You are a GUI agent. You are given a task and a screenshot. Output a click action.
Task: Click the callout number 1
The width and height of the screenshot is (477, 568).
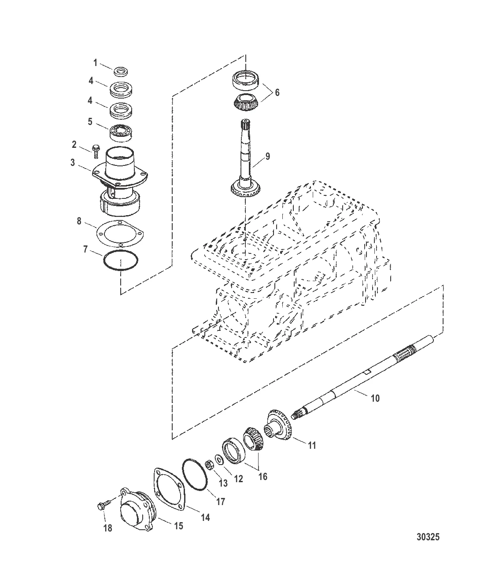[x=95, y=63]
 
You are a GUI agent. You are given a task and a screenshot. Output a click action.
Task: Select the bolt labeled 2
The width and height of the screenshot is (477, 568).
[x=95, y=151]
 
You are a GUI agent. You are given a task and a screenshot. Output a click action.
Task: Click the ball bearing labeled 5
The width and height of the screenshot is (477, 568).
[x=121, y=132]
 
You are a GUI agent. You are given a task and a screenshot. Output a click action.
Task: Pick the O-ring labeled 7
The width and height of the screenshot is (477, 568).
[x=121, y=260]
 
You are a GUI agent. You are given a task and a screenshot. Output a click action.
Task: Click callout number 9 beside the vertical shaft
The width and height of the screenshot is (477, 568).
[x=267, y=157]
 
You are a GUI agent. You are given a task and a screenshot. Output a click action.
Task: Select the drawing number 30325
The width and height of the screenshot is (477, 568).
[x=428, y=537]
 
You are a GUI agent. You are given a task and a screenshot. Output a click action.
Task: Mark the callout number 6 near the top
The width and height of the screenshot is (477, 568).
[x=277, y=92]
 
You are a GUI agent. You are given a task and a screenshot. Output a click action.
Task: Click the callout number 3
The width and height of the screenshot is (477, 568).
[x=73, y=162]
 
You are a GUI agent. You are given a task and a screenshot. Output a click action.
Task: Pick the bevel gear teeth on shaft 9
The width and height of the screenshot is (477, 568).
[x=245, y=191]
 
